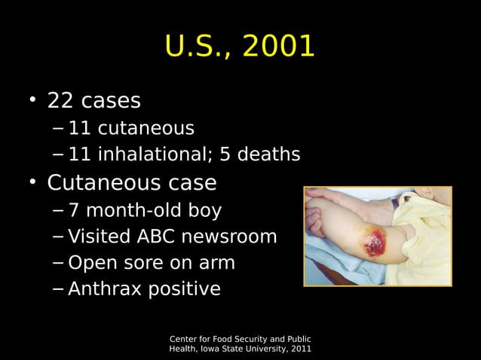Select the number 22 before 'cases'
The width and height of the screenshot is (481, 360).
[x=62, y=100]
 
